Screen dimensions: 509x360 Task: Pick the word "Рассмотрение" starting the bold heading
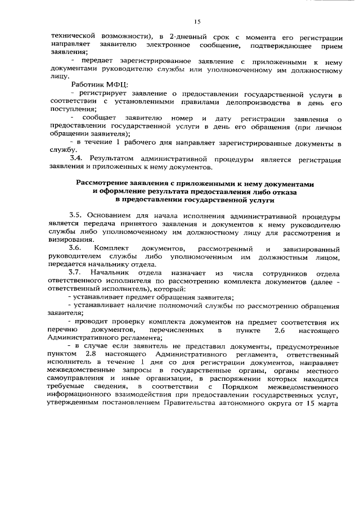click(x=105, y=183)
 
